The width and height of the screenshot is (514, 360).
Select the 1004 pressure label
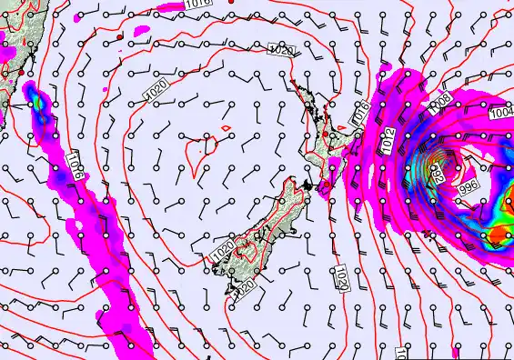(x=500, y=113)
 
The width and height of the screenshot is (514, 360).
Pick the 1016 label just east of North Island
(x=360, y=114)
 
